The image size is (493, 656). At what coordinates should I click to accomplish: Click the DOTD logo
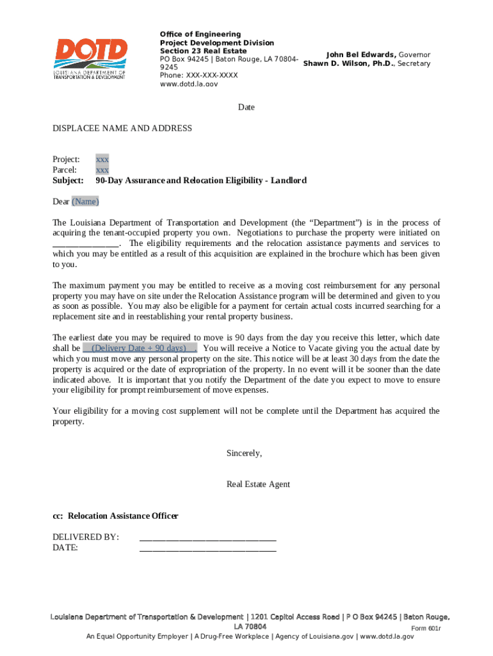coord(90,58)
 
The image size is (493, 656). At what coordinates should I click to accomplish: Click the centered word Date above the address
coord(247,108)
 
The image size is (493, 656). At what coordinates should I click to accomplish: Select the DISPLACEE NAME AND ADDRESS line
coord(122,129)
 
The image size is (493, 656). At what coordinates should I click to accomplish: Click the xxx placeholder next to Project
coord(102,159)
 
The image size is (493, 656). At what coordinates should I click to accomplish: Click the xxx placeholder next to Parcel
coord(102,170)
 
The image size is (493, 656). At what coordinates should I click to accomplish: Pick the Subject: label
coord(68,181)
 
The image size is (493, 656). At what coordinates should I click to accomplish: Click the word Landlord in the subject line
coord(289,181)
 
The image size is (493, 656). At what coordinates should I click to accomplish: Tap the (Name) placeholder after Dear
coord(85,202)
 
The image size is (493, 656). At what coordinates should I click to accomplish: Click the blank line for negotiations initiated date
coord(85,244)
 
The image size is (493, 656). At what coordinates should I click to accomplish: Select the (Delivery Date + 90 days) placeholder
coord(139,348)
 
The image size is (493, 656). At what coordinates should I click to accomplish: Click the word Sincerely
coord(244,454)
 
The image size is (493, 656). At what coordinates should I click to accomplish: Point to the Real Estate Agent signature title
coord(258,484)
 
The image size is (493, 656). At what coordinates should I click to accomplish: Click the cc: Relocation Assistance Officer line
coord(115,516)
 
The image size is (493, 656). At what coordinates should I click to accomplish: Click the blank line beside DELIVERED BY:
coord(207,537)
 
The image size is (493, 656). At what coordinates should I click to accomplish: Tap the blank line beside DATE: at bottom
coord(207,548)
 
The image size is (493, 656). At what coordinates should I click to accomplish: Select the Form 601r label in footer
coord(426,628)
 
